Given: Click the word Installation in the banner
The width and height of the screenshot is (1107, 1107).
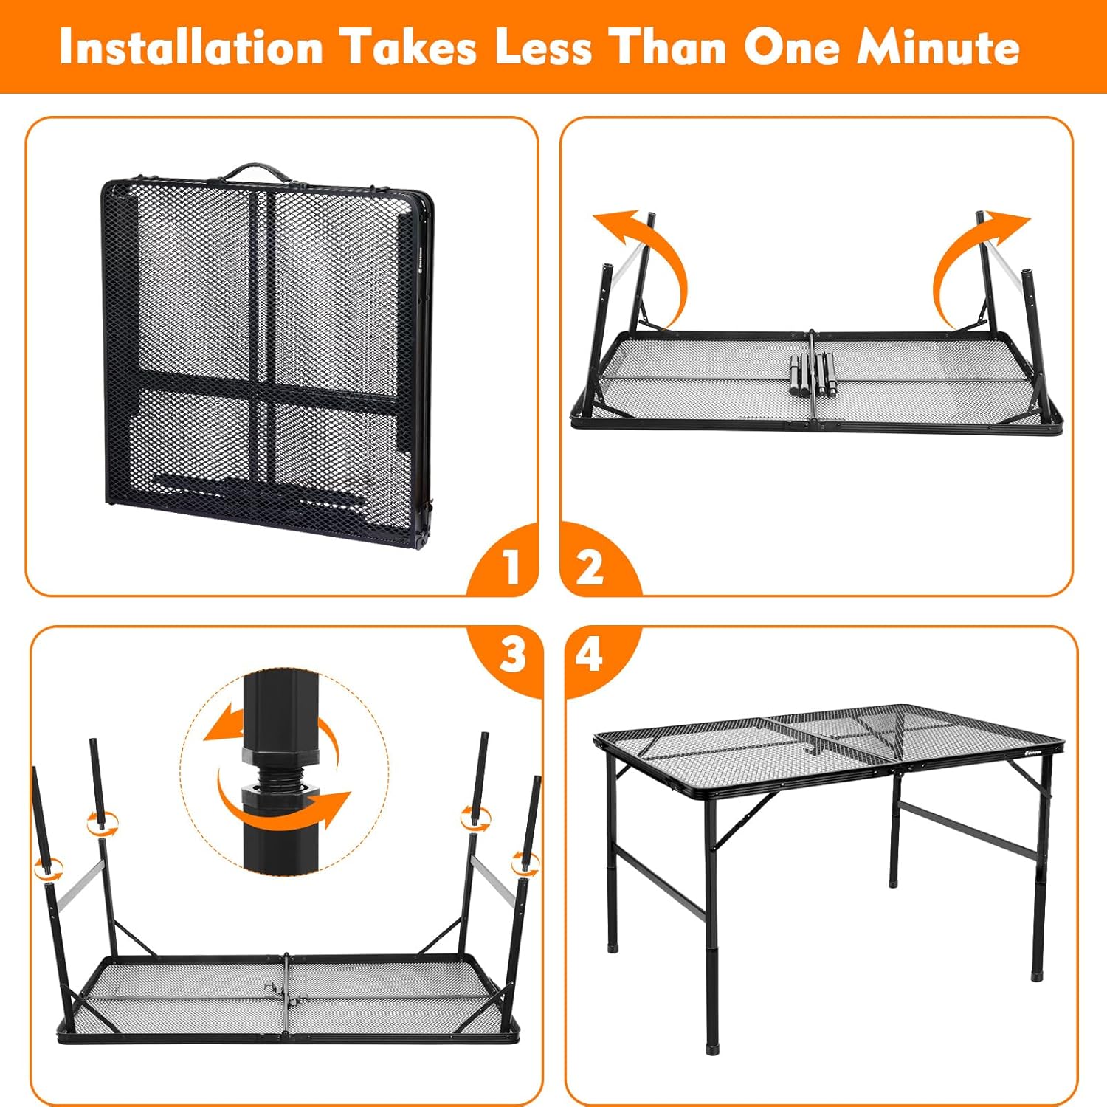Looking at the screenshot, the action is pos(192,48).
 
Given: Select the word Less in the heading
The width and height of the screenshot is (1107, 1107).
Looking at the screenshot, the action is pos(543,48).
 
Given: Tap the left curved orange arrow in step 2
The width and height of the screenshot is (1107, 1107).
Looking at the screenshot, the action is pos(649,258).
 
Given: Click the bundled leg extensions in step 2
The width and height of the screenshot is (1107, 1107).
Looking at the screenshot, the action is pos(811,376).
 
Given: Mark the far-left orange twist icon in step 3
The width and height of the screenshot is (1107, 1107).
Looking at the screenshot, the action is pos(49,869).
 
